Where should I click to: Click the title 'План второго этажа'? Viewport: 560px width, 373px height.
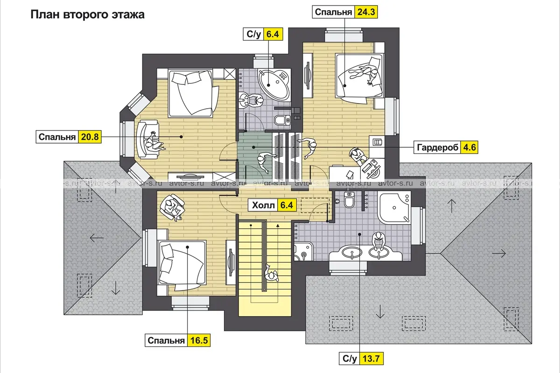pyautogui.click(x=88, y=14)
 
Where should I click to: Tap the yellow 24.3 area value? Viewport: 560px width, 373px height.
pyautogui.click(x=366, y=12)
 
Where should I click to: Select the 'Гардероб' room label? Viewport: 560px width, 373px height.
pyautogui.click(x=438, y=147)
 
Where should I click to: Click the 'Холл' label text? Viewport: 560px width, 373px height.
pyautogui.click(x=263, y=205)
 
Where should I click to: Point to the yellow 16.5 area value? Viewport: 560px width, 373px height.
pyautogui.click(x=199, y=340)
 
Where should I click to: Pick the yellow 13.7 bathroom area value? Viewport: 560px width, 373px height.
pyautogui.click(x=371, y=359)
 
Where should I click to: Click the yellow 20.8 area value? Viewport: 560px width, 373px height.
pyautogui.click(x=90, y=137)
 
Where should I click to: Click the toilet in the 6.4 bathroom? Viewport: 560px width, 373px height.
pyautogui.click(x=282, y=120)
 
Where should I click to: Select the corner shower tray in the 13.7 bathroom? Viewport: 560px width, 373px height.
pyautogui.click(x=394, y=207)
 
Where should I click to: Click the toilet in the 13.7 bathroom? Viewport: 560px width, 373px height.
pyautogui.click(x=349, y=200)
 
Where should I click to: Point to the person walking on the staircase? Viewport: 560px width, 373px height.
pyautogui.click(x=271, y=274)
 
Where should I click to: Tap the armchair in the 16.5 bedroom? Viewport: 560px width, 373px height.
pyautogui.click(x=172, y=207)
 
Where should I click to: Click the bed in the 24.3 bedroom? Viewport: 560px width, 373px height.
pyautogui.click(x=359, y=79)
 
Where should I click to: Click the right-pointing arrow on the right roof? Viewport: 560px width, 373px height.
pyautogui.click(x=499, y=254)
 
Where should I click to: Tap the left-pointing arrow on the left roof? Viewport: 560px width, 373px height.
pyautogui.click(x=97, y=238)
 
